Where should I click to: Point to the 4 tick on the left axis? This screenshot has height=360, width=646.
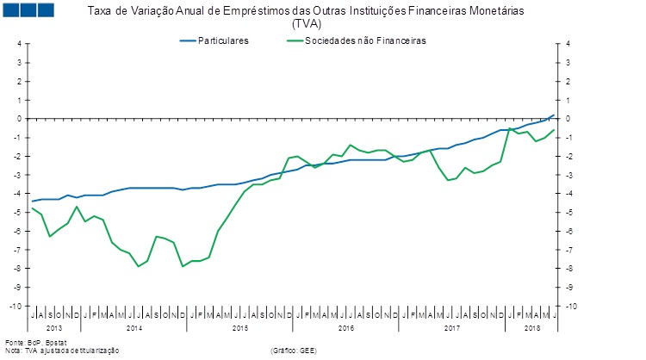coord(19,44)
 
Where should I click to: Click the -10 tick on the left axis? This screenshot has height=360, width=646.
coord(16,307)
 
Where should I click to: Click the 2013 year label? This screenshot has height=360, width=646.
coord(53,328)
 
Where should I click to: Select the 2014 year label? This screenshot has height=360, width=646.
coord(134,328)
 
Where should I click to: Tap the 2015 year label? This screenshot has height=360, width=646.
coord(240,328)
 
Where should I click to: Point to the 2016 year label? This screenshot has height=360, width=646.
coord(346,328)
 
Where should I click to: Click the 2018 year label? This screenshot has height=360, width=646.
coord(532,328)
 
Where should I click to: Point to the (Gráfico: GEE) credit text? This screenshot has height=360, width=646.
coord(294,351)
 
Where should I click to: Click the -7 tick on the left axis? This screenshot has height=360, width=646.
coord(19,251)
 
